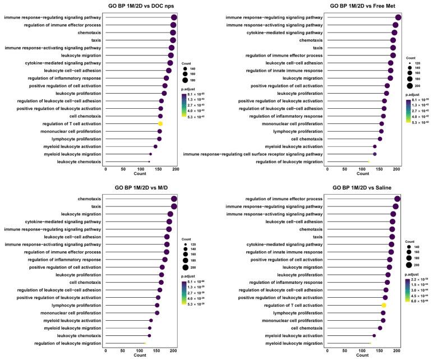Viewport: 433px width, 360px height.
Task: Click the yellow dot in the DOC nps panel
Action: [160, 123]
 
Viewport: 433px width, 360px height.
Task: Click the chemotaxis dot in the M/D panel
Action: [174, 199]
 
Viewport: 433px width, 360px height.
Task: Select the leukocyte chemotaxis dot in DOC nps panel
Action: [149, 161]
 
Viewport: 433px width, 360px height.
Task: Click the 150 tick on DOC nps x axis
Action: [140, 168]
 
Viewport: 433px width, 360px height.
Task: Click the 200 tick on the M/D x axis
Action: [174, 350]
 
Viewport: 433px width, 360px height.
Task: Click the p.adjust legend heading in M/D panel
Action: [188, 276]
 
